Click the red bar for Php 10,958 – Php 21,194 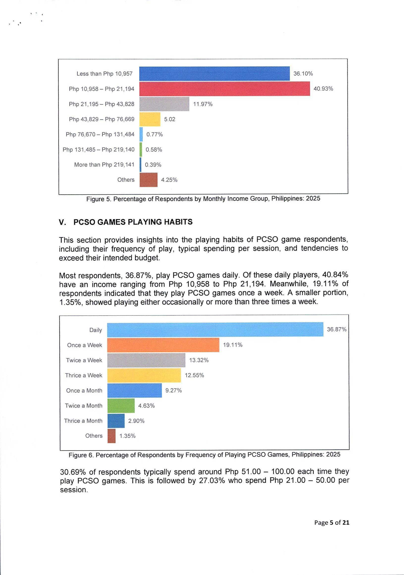pos(224,89)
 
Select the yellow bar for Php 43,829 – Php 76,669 pos(150,119)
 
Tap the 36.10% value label pos(303,74)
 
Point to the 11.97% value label pos(203,104)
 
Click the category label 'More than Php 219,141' pos(104,165)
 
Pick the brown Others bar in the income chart pos(148,180)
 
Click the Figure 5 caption pos(203,199)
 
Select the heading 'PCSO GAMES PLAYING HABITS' pos(133,222)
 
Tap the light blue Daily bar pos(215,330)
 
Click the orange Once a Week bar pos(163,345)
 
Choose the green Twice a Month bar pos(121,405)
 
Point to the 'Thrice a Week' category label pos(84,375)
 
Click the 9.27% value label pos(174,391)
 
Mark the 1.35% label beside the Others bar pos(127,436)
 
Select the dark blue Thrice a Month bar pos(116,421)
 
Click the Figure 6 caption pos(204,455)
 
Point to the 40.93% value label pos(323,89)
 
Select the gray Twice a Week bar pos(146,360)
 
